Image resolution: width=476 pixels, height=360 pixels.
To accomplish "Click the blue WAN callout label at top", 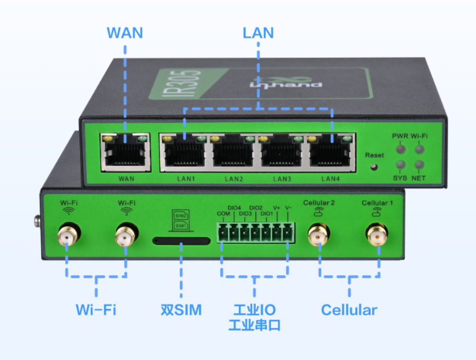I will click(x=124, y=32).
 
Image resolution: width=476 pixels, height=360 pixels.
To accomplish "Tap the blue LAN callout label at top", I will click(x=258, y=32).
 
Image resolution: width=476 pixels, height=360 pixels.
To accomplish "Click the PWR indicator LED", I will click(x=400, y=149).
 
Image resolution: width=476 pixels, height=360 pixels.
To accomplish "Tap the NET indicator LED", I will click(x=419, y=165).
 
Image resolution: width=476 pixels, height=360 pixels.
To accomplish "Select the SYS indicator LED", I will click(x=400, y=165).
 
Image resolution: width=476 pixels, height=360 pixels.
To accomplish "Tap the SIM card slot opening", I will click(x=182, y=241).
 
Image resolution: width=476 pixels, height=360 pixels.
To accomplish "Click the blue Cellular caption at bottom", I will click(x=349, y=310).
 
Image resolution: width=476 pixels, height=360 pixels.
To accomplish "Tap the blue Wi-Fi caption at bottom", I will click(x=96, y=310).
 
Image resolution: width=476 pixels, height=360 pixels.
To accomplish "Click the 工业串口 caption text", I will click(x=254, y=326).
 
